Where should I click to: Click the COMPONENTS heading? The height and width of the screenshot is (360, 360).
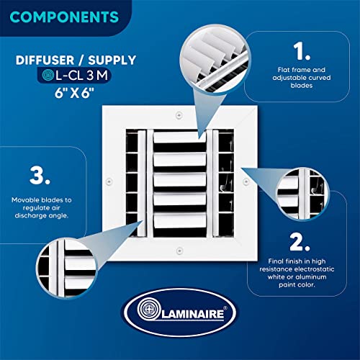(64, 17)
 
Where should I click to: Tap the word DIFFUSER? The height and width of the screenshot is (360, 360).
(45, 60)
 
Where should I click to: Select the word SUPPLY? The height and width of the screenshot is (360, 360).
(112, 60)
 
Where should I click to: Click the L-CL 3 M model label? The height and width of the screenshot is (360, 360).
(82, 76)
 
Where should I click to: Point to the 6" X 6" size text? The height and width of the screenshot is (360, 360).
(74, 93)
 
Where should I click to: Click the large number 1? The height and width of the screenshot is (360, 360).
(302, 51)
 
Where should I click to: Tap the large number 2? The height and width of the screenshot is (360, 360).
(300, 242)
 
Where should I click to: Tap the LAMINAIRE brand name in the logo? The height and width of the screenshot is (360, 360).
(193, 314)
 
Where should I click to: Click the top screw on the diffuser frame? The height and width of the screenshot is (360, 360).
(179, 115)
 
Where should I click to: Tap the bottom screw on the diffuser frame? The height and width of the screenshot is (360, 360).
(179, 251)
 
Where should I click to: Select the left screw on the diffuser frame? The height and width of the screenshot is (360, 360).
(109, 181)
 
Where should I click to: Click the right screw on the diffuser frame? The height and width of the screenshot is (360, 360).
(246, 181)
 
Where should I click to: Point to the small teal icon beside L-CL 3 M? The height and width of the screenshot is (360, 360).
(48, 75)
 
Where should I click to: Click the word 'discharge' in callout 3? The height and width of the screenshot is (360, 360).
(30, 216)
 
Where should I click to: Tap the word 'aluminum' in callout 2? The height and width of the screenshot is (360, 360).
(311, 277)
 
